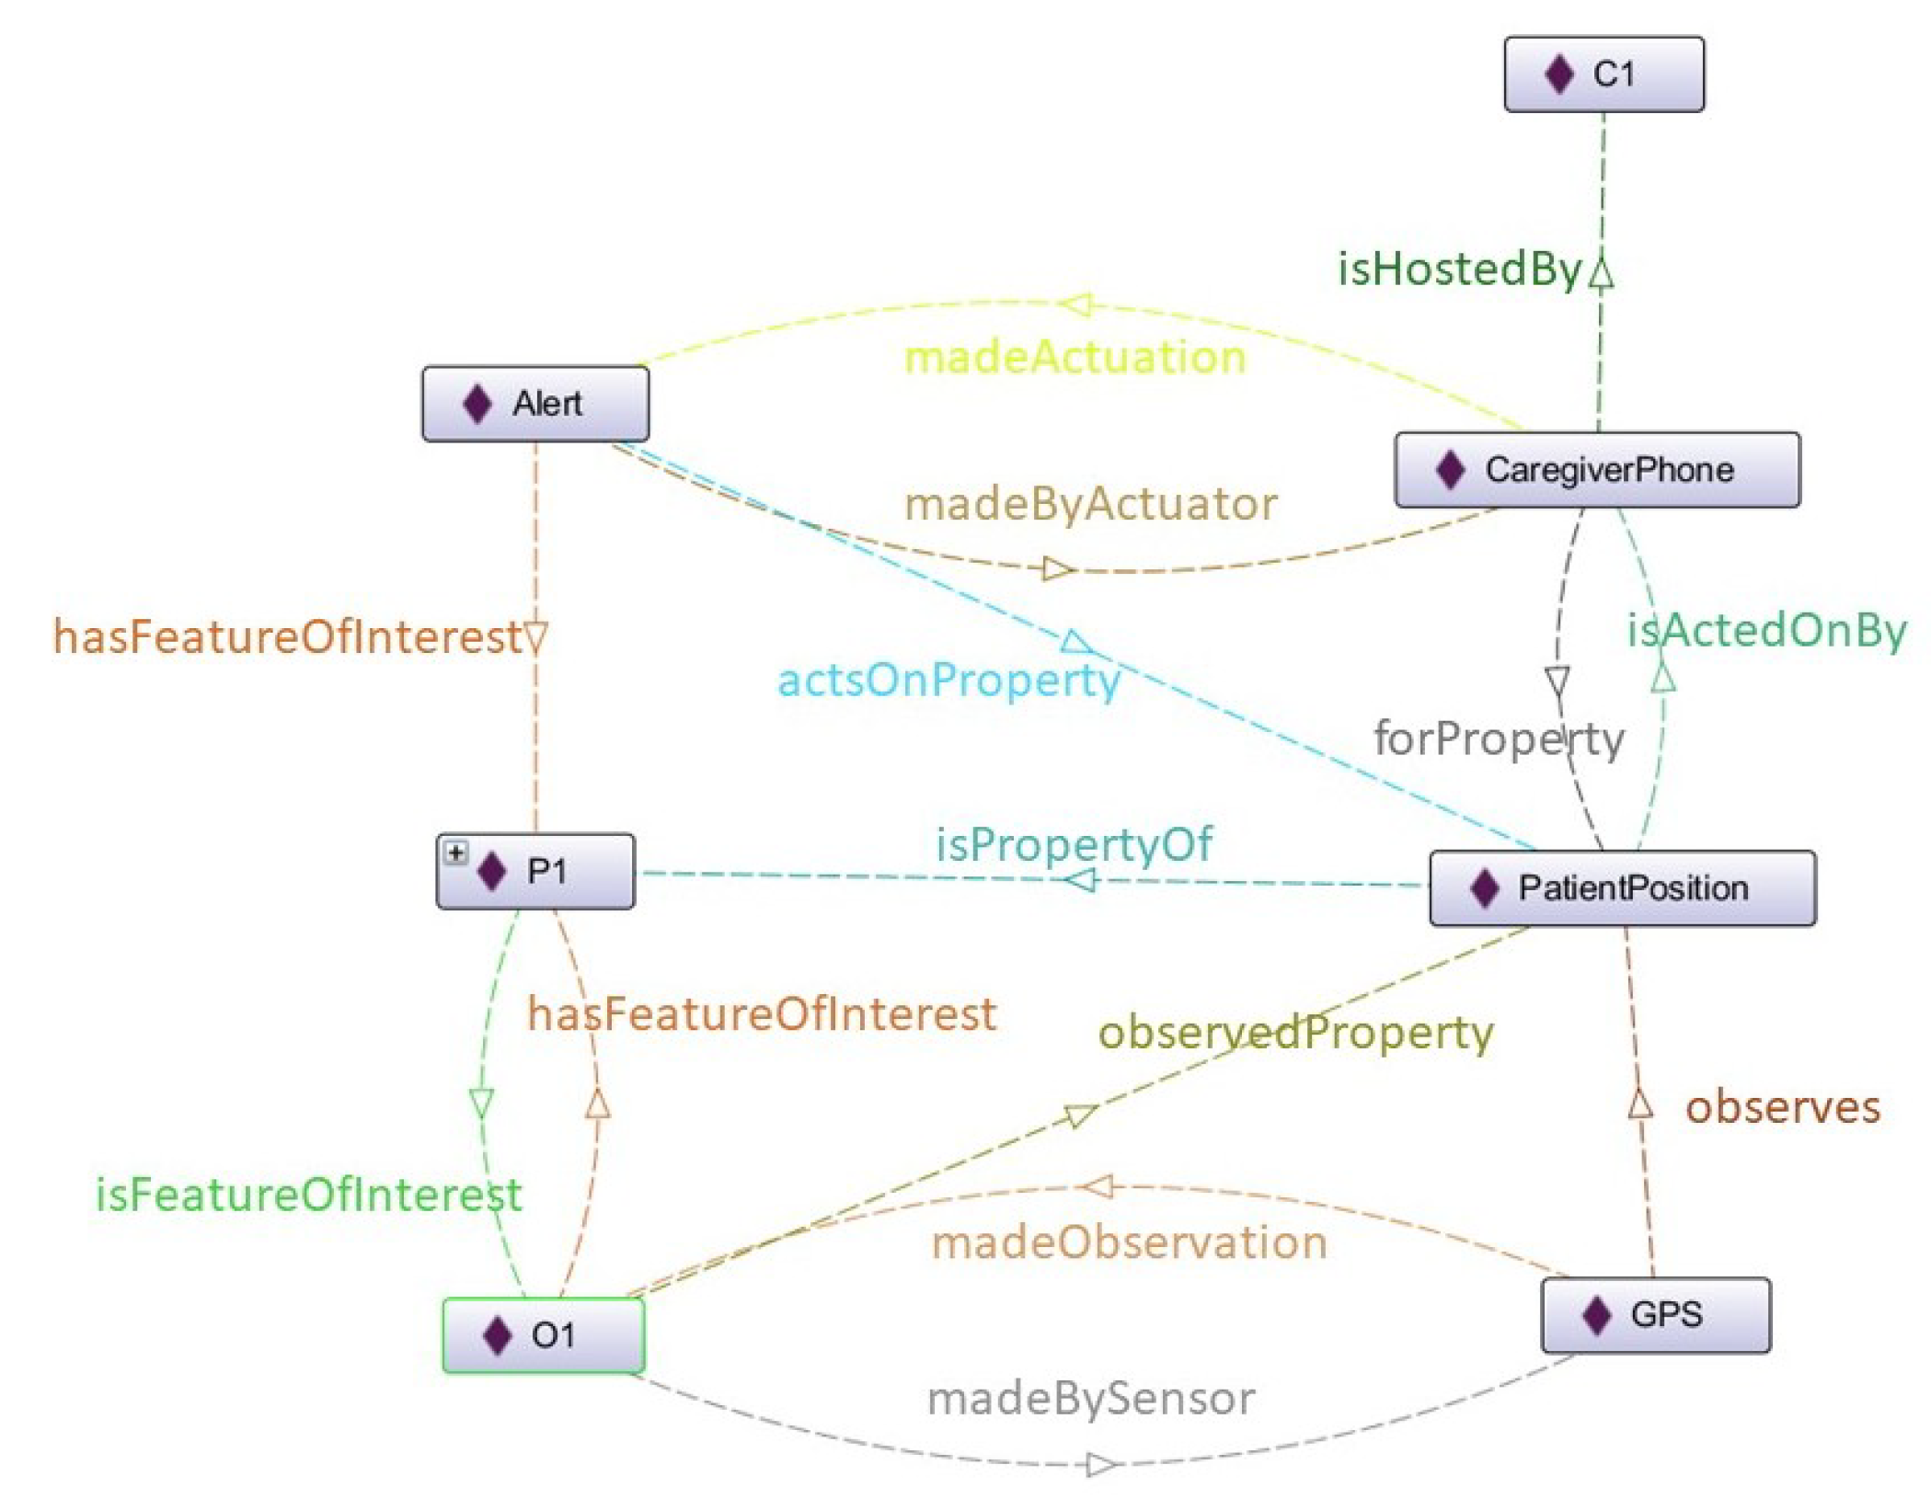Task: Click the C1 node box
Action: click(x=1603, y=74)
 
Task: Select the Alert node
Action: click(x=535, y=404)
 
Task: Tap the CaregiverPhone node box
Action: click(x=1597, y=470)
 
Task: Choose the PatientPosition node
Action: click(x=1622, y=887)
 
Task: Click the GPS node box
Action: click(x=1655, y=1314)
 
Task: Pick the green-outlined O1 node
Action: click(x=543, y=1334)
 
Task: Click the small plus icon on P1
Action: click(x=455, y=852)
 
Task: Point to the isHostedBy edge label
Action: click(x=1458, y=269)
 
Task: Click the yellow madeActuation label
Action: click(x=1075, y=358)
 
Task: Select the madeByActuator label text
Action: click(x=1091, y=505)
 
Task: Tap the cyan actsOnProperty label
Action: click(x=948, y=681)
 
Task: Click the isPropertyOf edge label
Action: click(x=1074, y=844)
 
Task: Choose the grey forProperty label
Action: click(x=1499, y=738)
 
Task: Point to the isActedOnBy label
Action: click(x=1766, y=632)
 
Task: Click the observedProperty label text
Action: click(x=1295, y=1033)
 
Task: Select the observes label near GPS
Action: click(x=1782, y=1107)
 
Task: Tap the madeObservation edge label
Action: click(x=1129, y=1243)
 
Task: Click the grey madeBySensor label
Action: click(x=1090, y=1399)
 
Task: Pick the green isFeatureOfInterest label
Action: click(x=309, y=1195)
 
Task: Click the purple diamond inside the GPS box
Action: click(x=1597, y=1314)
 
